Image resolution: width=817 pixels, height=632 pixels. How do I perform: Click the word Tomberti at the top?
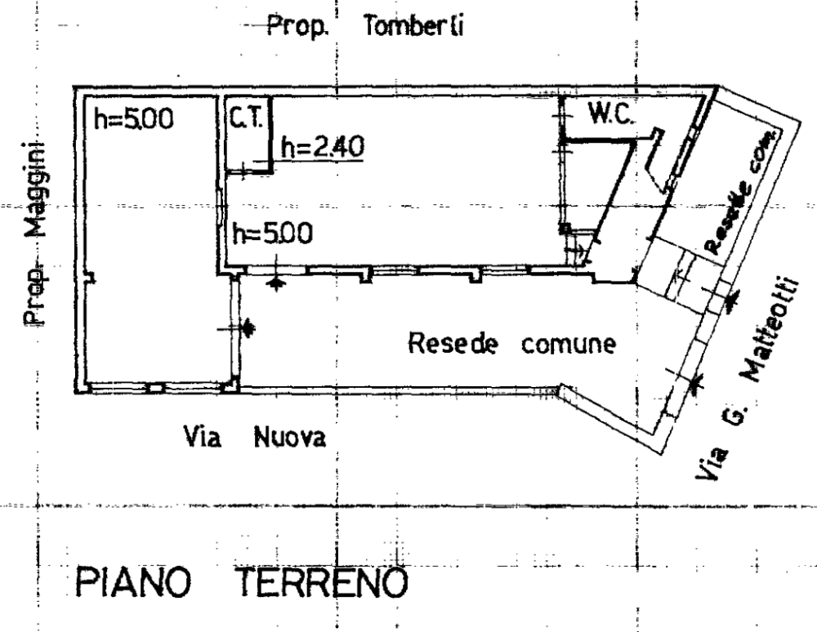[x=416, y=28]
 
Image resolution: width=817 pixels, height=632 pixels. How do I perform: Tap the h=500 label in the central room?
[x=270, y=234]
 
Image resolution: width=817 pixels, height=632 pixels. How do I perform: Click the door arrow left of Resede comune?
[x=244, y=328]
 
